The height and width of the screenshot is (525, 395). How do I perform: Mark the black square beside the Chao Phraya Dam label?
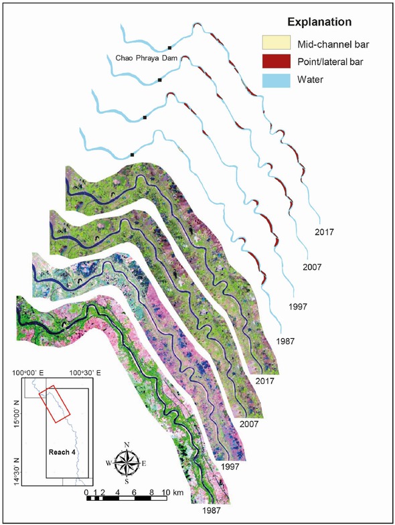(170, 48)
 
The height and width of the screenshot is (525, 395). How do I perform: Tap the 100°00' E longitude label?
(28, 372)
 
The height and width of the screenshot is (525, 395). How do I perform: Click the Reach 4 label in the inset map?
(63, 452)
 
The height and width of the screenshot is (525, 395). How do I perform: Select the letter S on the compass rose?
(127, 480)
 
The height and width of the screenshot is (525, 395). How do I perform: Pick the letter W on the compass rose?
(108, 463)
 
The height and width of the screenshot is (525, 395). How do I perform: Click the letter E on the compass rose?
(146, 463)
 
